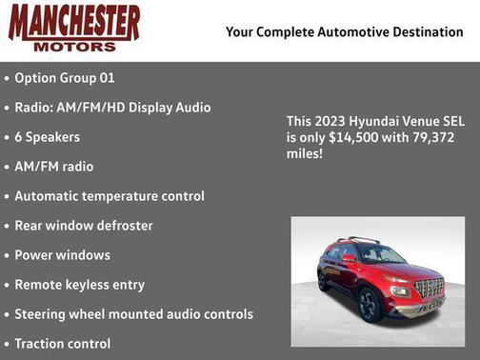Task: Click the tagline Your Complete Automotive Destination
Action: pyautogui.click(x=344, y=32)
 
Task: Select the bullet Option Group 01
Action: pyautogui.click(x=65, y=77)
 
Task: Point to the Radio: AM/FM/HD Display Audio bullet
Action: pyautogui.click(x=112, y=108)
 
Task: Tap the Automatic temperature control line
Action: pyautogui.click(x=110, y=196)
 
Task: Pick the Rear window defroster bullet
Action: pyautogui.click(x=84, y=226)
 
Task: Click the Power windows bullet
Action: pyautogui.click(x=63, y=255)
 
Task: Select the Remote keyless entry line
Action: pyautogui.click(x=80, y=285)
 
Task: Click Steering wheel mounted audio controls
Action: pyautogui.click(x=133, y=314)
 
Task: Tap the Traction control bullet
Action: pyautogui.click(x=63, y=344)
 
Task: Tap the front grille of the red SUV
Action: pyautogui.click(x=428, y=287)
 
